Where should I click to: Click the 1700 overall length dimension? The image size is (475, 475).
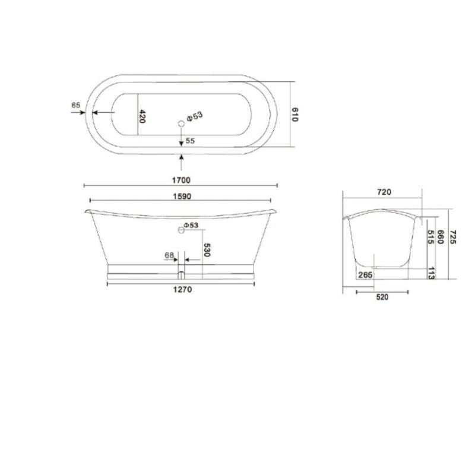(x=180, y=180)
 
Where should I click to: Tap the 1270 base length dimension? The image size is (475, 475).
(x=180, y=290)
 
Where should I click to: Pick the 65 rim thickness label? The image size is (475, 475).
(x=75, y=105)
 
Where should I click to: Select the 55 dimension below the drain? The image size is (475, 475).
(x=190, y=141)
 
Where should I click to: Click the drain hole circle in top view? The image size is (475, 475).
(x=181, y=123)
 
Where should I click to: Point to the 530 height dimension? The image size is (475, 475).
(x=207, y=249)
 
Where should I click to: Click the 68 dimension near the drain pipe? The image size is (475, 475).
(x=169, y=256)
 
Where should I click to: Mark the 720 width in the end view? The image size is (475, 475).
(x=384, y=192)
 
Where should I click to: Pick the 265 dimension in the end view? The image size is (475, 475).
(x=365, y=274)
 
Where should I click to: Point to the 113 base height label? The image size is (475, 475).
(x=431, y=273)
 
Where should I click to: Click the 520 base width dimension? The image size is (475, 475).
(x=382, y=297)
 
